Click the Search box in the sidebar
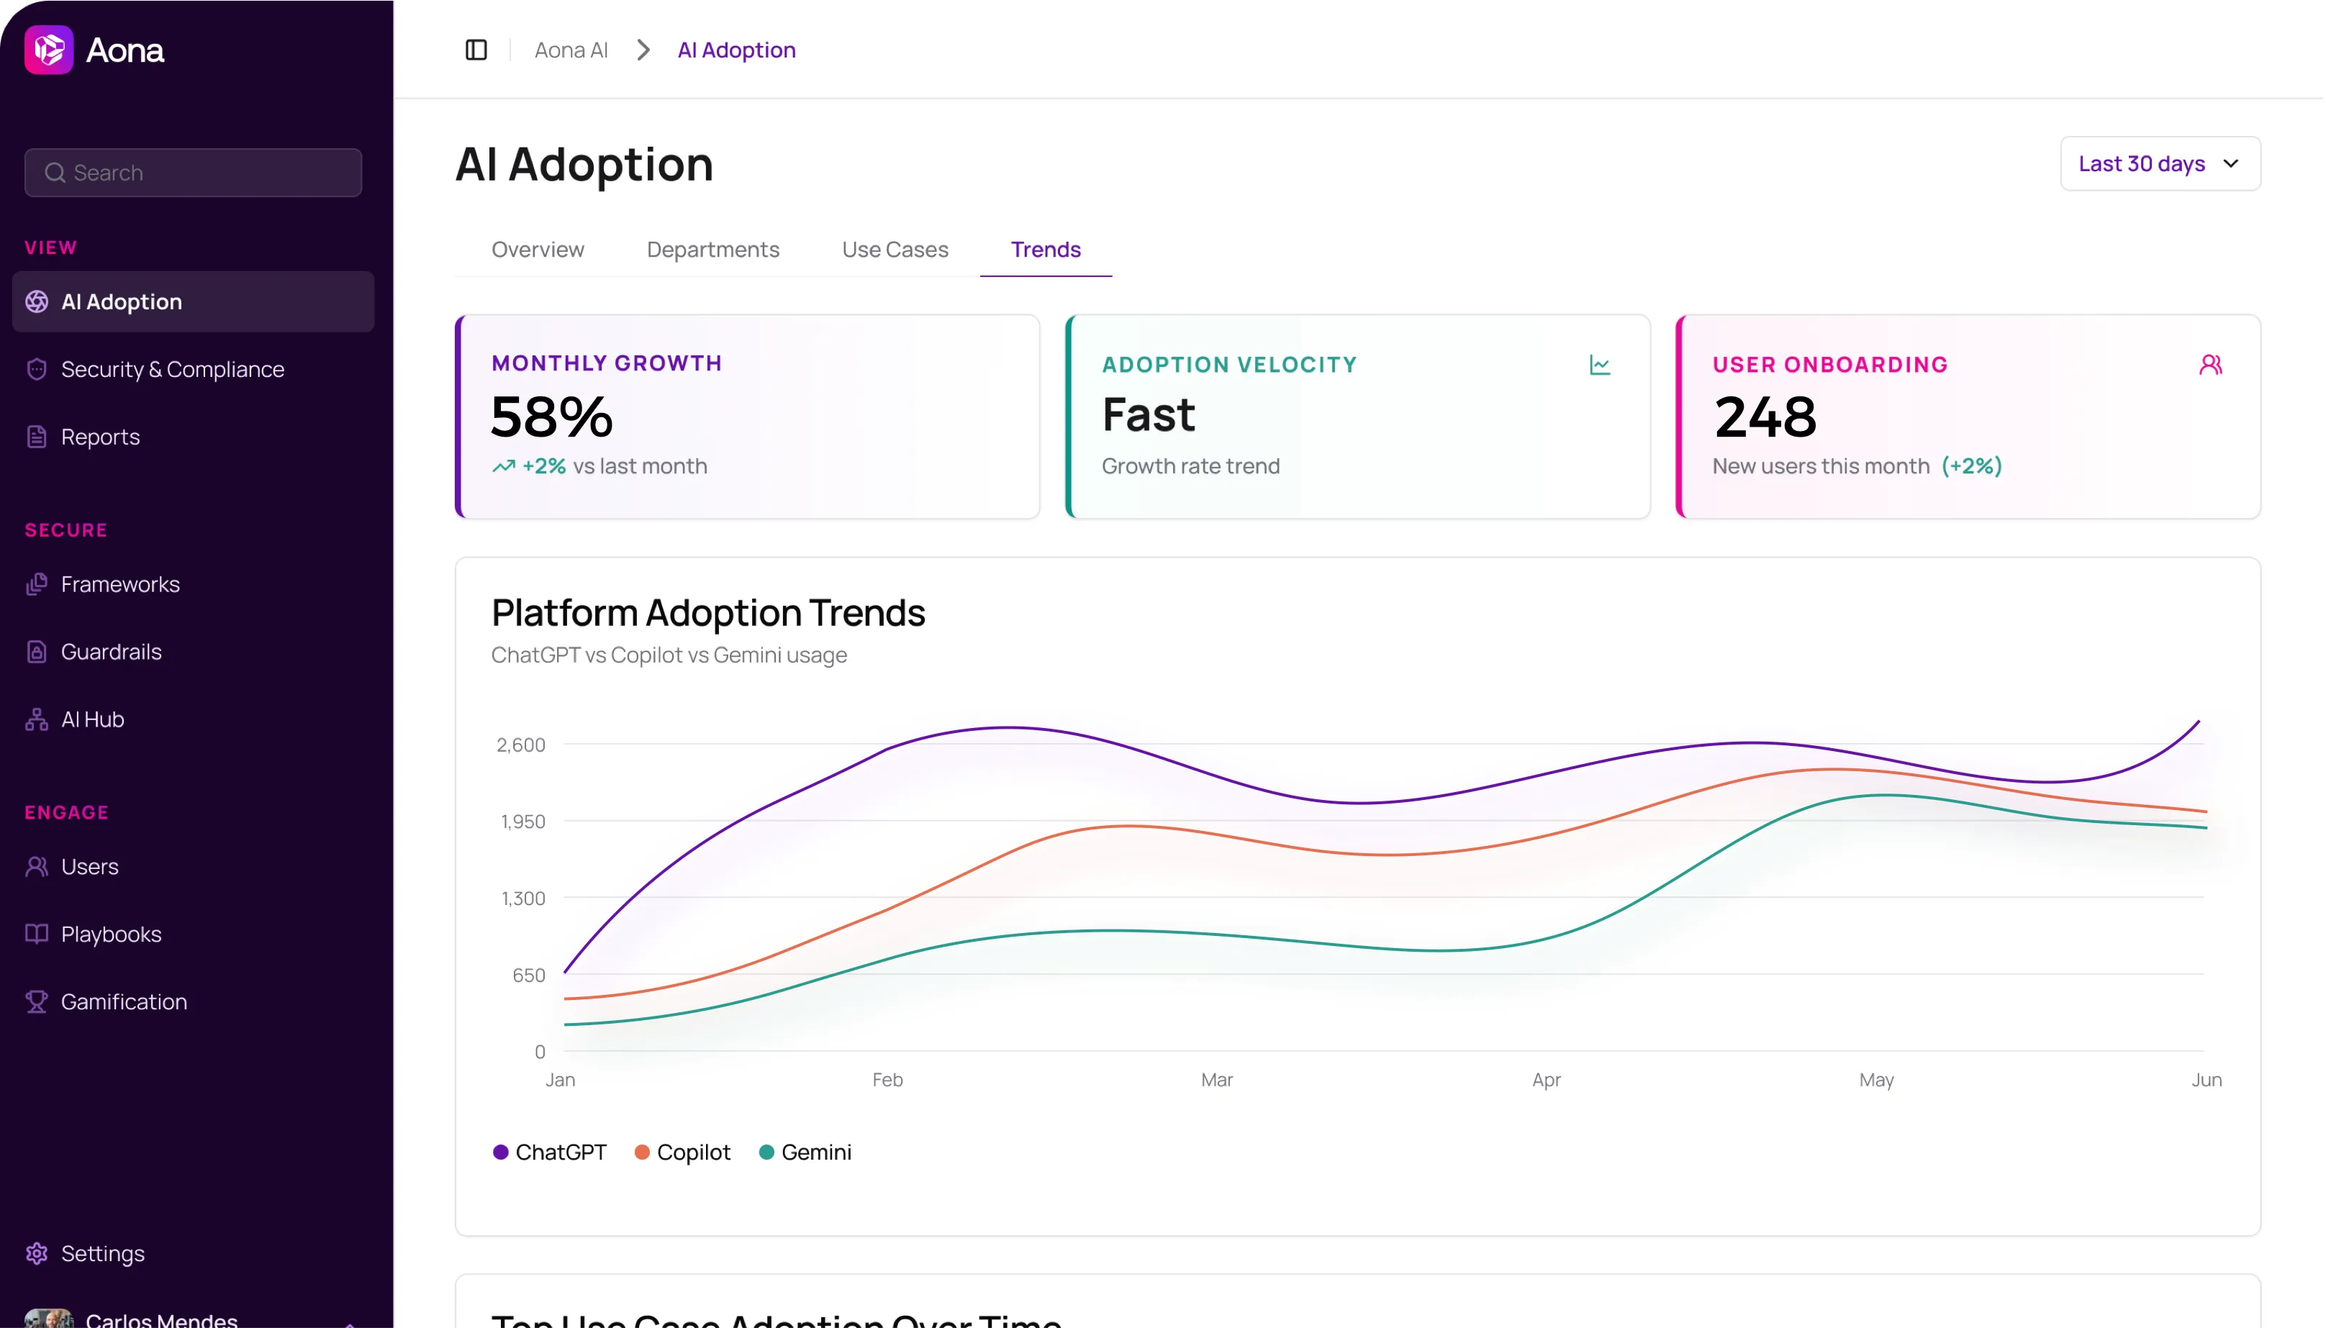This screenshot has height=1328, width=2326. click(194, 173)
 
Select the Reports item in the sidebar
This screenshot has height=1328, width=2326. click(99, 437)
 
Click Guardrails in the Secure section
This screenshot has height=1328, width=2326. click(110, 651)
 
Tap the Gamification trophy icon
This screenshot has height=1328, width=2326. click(37, 1001)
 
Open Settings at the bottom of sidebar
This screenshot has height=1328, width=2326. click(102, 1253)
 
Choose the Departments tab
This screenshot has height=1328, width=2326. click(712, 249)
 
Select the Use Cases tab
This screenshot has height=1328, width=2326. click(894, 249)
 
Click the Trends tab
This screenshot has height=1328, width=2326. click(1044, 249)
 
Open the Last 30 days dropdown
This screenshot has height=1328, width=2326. click(2158, 163)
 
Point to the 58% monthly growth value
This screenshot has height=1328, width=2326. click(551, 416)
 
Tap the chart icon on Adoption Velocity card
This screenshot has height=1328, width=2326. click(1599, 365)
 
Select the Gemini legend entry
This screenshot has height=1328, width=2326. click(805, 1152)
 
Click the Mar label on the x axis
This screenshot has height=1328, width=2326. click(1216, 1080)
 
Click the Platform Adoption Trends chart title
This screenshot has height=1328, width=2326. click(708, 612)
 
